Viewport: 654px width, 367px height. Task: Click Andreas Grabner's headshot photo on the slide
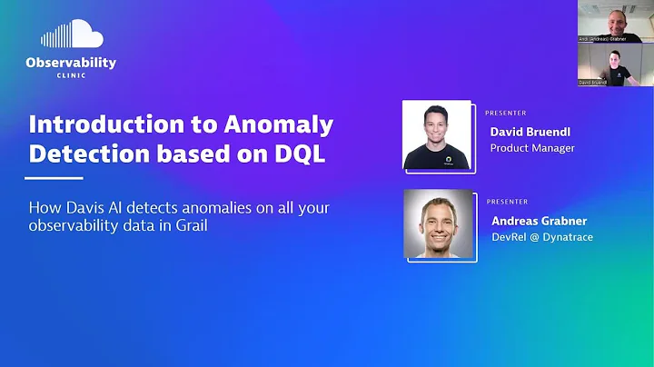click(439, 223)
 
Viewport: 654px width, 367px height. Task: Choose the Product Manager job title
click(532, 148)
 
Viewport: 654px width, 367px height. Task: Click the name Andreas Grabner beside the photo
click(539, 220)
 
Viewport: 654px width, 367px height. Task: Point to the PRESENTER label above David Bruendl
click(506, 113)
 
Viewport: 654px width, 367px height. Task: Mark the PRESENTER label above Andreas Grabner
click(506, 201)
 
